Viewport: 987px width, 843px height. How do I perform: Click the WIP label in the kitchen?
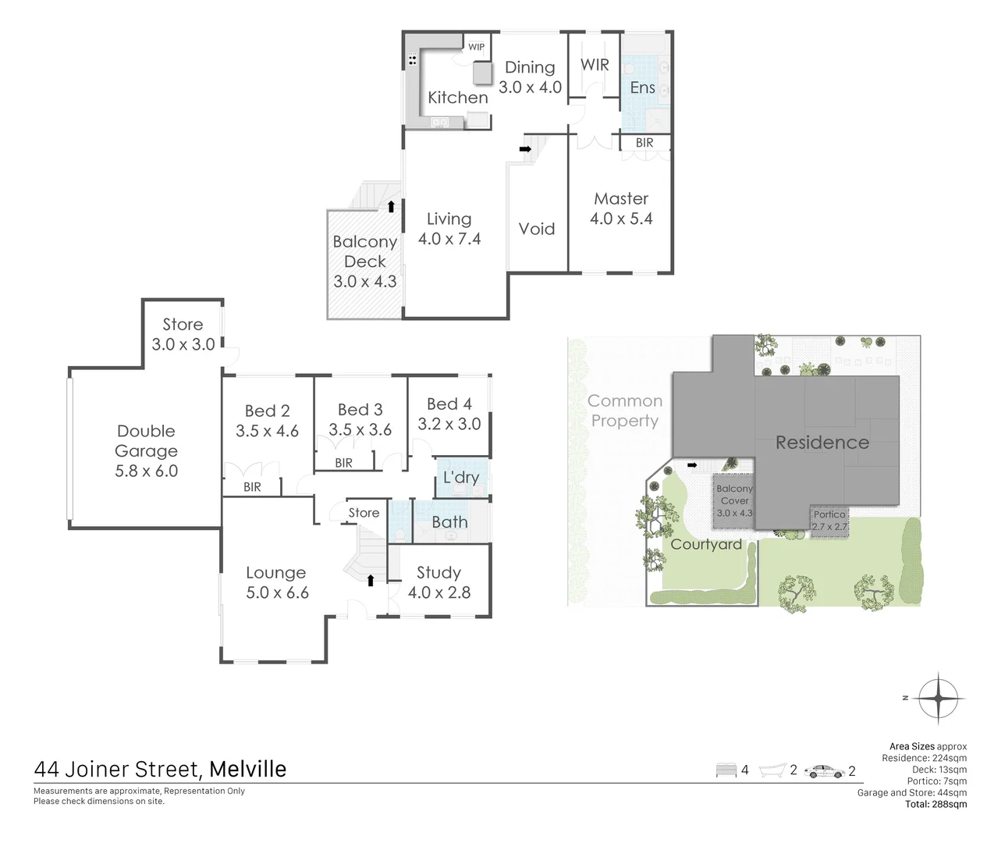tap(476, 47)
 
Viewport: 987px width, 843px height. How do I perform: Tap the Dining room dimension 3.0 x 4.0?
tap(530, 87)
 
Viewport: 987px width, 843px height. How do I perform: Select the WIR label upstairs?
tap(595, 65)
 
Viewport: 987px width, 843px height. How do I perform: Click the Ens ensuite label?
tap(642, 87)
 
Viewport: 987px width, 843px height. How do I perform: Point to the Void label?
tap(537, 229)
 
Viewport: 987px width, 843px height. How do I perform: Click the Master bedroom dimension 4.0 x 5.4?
tap(621, 219)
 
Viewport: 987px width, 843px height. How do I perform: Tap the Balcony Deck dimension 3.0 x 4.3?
tap(365, 282)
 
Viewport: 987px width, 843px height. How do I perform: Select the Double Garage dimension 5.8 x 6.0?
tap(146, 471)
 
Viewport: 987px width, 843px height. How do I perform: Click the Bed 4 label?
tap(449, 404)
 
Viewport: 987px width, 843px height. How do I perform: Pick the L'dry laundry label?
tap(460, 476)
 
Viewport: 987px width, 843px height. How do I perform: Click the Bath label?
tap(449, 522)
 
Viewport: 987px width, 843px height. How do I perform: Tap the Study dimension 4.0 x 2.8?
tap(439, 592)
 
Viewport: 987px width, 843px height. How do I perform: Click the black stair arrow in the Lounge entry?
tap(371, 579)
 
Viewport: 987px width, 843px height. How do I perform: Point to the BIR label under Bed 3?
tap(343, 463)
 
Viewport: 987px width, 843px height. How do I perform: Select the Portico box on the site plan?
tap(829, 521)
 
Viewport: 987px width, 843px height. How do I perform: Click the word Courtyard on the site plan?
tap(706, 544)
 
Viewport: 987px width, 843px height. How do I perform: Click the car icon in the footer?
tap(825, 771)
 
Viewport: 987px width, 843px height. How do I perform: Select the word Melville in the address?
tap(248, 769)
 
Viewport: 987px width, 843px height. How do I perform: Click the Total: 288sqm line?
tap(936, 804)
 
